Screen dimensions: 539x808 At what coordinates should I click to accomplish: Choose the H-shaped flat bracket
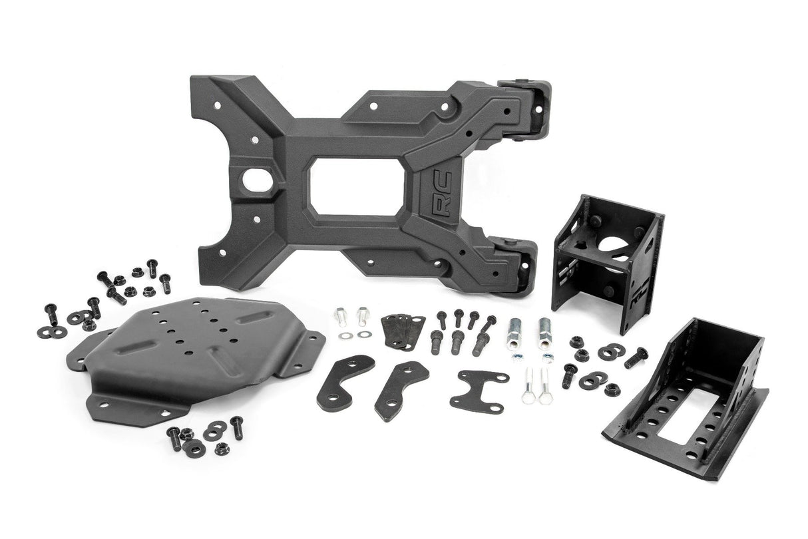click(479, 389)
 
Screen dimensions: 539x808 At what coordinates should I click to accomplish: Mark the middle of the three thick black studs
click(457, 341)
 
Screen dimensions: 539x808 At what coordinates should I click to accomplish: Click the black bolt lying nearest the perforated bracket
click(636, 357)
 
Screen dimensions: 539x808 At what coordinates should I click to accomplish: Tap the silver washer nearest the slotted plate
click(344, 334)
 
